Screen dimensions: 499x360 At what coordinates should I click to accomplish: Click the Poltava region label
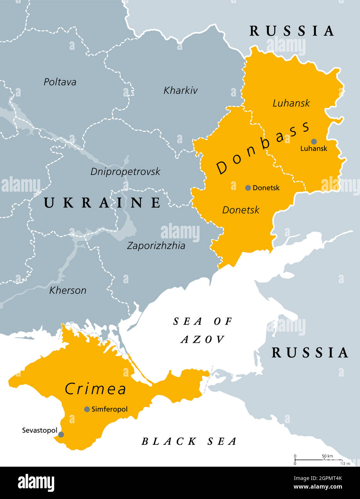[x=60, y=82]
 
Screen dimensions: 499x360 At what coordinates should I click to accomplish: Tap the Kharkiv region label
[x=181, y=90]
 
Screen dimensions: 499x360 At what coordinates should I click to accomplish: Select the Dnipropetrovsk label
[x=125, y=172]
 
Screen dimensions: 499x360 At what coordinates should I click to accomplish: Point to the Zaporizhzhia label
[x=156, y=246]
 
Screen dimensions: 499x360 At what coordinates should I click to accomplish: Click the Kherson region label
[x=68, y=290]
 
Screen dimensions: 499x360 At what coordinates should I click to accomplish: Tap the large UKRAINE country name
[x=103, y=203]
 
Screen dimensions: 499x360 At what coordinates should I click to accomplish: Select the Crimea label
[x=96, y=389]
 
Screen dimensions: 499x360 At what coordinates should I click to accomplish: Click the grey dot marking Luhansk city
[x=314, y=141]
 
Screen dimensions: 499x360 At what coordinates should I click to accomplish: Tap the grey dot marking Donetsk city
[x=248, y=188]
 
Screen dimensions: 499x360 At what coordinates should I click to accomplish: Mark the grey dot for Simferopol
[x=87, y=409]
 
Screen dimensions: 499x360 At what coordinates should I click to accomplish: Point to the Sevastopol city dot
[x=61, y=434]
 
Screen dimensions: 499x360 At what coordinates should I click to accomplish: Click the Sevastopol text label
[x=39, y=430]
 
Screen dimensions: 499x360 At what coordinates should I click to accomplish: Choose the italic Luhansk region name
[x=291, y=103]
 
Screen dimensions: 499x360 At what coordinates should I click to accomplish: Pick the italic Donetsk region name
[x=240, y=210]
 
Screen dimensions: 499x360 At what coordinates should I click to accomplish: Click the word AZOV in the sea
[x=203, y=340]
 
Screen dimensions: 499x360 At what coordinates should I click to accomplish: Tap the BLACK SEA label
[x=189, y=442]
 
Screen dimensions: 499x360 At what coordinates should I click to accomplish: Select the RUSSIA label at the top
[x=292, y=31]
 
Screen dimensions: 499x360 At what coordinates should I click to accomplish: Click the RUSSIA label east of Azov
[x=310, y=353]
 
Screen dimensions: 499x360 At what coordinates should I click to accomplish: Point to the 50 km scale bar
[x=318, y=460]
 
